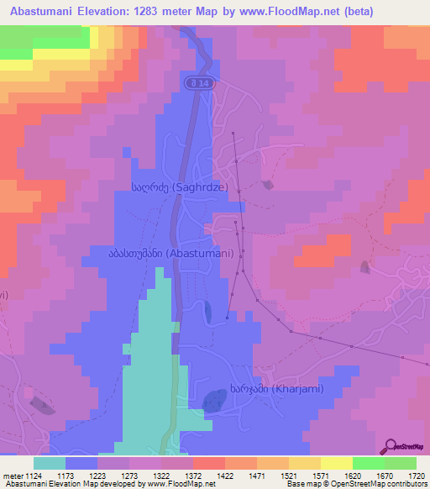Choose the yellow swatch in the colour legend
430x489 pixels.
point(337,462)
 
